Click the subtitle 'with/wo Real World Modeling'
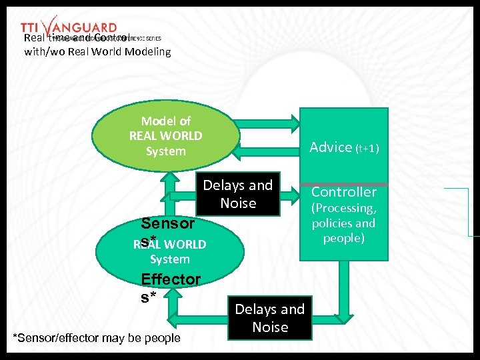click(97, 51)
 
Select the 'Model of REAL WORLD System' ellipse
click(166, 136)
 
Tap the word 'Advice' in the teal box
click(331, 147)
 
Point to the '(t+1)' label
click(367, 148)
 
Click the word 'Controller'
click(344, 192)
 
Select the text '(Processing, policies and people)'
click(344, 223)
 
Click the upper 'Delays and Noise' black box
click(238, 194)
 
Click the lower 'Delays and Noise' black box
click(270, 318)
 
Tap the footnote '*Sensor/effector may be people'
click(97, 338)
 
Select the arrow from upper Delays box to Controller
click(289, 195)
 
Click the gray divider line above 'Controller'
click(344, 183)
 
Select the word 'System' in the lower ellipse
click(170, 259)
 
